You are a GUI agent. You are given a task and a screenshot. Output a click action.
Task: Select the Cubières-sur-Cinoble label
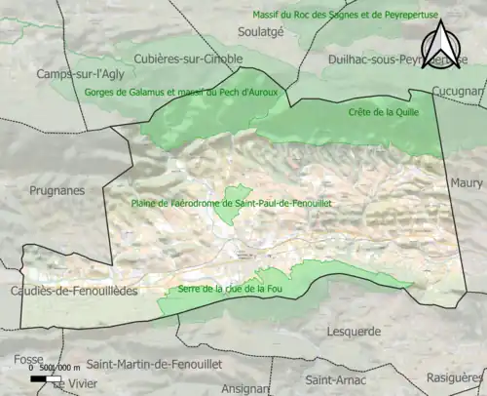point(189,58)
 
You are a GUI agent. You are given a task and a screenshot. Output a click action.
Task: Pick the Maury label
point(466,182)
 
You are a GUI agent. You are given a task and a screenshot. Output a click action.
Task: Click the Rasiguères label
point(454,376)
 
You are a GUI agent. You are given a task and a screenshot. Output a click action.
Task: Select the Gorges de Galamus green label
point(209,92)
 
